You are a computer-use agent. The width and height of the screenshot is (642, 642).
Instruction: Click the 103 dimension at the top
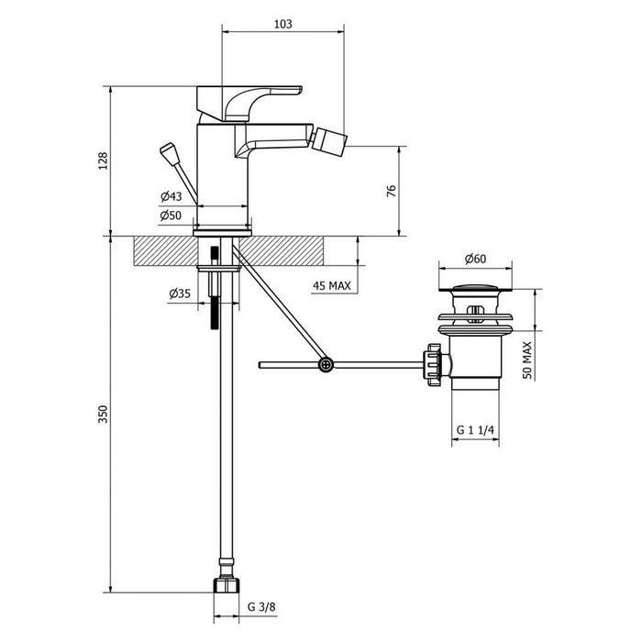click(282, 25)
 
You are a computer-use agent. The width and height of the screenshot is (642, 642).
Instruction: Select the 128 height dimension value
click(104, 161)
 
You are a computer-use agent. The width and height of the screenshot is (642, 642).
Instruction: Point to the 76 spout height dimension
click(391, 191)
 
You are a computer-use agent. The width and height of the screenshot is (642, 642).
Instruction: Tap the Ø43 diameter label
click(171, 197)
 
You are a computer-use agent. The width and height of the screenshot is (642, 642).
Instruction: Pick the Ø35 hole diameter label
click(180, 293)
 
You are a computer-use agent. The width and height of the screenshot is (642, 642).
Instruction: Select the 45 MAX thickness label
click(331, 286)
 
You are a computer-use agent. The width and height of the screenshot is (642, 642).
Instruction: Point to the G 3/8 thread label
click(262, 606)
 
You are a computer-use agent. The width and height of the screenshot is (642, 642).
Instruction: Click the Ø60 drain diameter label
click(474, 260)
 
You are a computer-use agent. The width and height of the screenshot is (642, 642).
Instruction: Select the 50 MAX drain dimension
click(526, 360)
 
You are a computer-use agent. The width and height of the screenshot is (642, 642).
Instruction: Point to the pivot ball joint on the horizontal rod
click(325, 365)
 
